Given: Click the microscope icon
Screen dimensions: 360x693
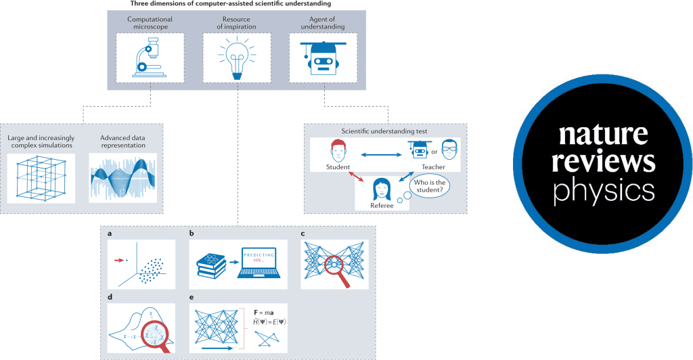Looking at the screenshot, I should coord(148,59).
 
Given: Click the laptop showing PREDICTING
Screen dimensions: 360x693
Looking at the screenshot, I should coord(260,262).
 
